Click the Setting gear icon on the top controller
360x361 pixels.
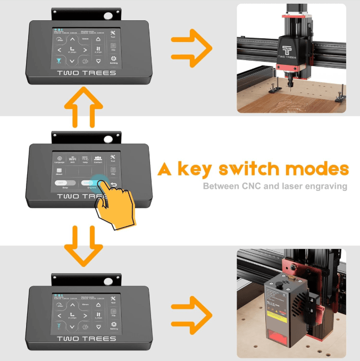coord(113,59)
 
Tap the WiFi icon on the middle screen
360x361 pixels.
coord(73,159)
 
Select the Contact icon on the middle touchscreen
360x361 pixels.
coord(98,158)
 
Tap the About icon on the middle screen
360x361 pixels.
coord(60,172)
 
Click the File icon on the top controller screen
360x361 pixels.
coord(113,46)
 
